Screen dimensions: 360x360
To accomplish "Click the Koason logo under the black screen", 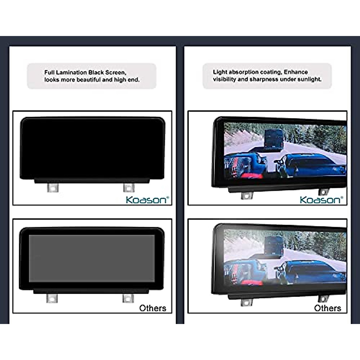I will click(147, 200).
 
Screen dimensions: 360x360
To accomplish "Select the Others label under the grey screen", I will click(153, 308).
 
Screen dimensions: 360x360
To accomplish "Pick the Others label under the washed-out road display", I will click(328, 308).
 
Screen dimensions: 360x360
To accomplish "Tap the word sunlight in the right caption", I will click(309, 79).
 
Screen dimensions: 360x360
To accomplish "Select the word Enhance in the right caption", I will click(296, 72).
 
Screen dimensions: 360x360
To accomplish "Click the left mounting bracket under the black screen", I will click(53, 188).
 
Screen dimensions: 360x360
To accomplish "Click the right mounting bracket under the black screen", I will click(129, 188).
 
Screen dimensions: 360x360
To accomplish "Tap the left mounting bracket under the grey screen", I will click(52, 298).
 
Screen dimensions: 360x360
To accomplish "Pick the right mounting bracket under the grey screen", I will click(128, 298).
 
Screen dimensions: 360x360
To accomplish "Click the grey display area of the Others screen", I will click(91, 258).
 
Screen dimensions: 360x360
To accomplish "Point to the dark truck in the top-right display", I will click(274, 138).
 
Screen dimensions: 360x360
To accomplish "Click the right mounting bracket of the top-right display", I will click(323, 192).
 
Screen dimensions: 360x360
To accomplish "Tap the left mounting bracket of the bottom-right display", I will click(246, 302).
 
